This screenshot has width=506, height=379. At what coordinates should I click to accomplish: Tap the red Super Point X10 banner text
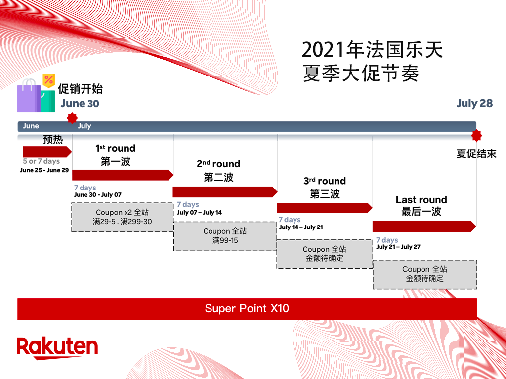point(247,309)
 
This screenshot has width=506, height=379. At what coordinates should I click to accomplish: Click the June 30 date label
point(80,104)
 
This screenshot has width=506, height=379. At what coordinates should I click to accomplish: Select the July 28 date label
point(474,103)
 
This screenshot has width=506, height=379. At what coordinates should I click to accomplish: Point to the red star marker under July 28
point(476,136)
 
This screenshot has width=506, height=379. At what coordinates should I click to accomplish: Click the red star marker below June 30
point(72,118)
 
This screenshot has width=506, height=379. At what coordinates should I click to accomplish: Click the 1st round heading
point(115,148)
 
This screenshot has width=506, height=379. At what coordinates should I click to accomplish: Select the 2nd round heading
point(218,164)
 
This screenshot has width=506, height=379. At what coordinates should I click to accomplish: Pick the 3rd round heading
point(325,181)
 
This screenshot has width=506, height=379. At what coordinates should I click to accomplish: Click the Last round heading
point(421,200)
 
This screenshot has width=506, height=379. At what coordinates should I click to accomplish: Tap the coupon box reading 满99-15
point(225,236)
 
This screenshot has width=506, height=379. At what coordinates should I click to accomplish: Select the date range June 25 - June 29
point(44,170)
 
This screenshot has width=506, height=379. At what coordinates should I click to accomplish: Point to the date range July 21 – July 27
point(398,247)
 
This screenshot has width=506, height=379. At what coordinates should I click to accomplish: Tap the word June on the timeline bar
point(31,126)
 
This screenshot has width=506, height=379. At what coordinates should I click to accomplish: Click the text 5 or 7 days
point(41,161)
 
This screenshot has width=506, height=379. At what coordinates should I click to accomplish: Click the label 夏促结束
point(476,154)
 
